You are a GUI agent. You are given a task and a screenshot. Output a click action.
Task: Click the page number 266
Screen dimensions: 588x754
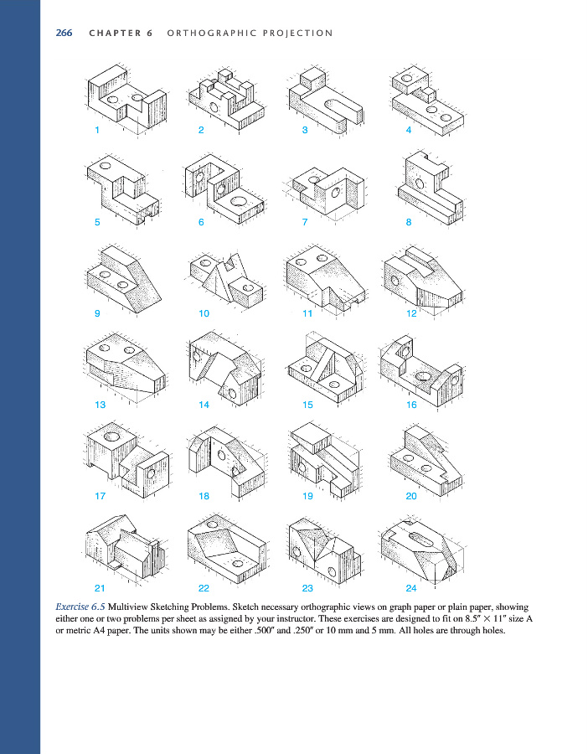64,33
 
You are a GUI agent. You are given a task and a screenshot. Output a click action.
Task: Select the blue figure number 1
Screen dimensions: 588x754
97,130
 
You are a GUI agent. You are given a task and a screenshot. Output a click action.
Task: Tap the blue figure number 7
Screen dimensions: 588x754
305,222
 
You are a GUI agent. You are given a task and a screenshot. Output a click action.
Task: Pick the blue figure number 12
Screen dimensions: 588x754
411,313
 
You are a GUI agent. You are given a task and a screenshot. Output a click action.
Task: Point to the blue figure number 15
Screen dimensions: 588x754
307,405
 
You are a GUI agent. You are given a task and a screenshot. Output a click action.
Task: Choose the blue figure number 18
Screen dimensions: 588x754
204,496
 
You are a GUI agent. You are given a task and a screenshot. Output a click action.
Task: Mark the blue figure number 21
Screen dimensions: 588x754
100,588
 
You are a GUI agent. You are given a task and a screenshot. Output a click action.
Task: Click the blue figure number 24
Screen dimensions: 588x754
411,588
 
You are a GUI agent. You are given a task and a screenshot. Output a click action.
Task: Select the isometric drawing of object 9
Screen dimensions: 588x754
124,279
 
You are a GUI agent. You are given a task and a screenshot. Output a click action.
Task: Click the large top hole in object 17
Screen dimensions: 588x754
112,436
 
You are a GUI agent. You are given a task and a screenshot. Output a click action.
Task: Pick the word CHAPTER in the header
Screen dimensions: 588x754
116,34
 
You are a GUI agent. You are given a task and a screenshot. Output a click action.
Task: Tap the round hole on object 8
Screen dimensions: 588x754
420,183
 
